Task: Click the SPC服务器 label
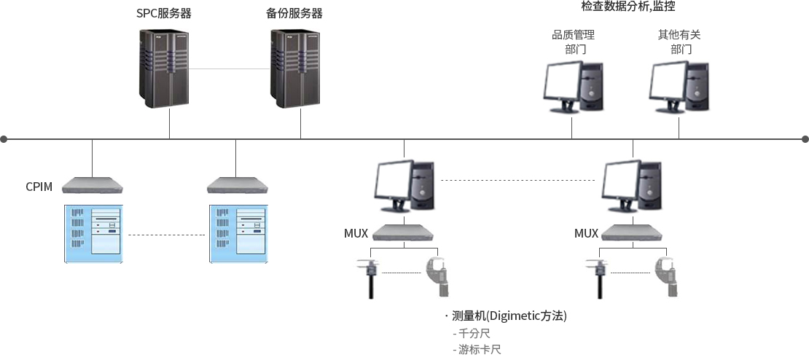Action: click(x=163, y=14)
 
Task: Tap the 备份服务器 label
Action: click(x=291, y=14)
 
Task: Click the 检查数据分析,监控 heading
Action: click(x=628, y=7)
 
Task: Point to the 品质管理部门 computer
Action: click(x=573, y=87)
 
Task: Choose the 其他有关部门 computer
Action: click(x=679, y=87)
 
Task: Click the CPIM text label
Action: click(x=39, y=187)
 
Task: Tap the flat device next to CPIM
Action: click(x=93, y=185)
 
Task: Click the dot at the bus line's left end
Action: click(x=4, y=138)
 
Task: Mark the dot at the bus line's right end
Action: click(x=805, y=138)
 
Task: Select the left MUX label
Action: click(x=356, y=234)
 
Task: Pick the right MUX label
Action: click(x=586, y=234)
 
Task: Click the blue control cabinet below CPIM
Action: click(x=93, y=234)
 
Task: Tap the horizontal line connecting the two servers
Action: click(x=230, y=69)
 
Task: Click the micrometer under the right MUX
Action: click(x=666, y=276)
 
